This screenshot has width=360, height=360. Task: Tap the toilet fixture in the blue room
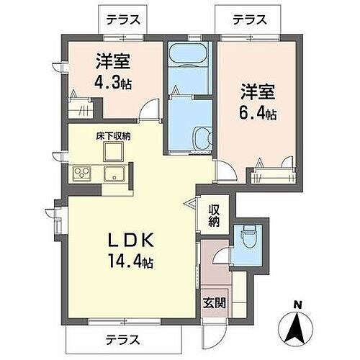248,236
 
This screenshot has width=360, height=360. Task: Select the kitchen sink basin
113,174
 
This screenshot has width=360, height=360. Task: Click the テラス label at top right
250,20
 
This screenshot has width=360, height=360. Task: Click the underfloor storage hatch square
113,151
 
